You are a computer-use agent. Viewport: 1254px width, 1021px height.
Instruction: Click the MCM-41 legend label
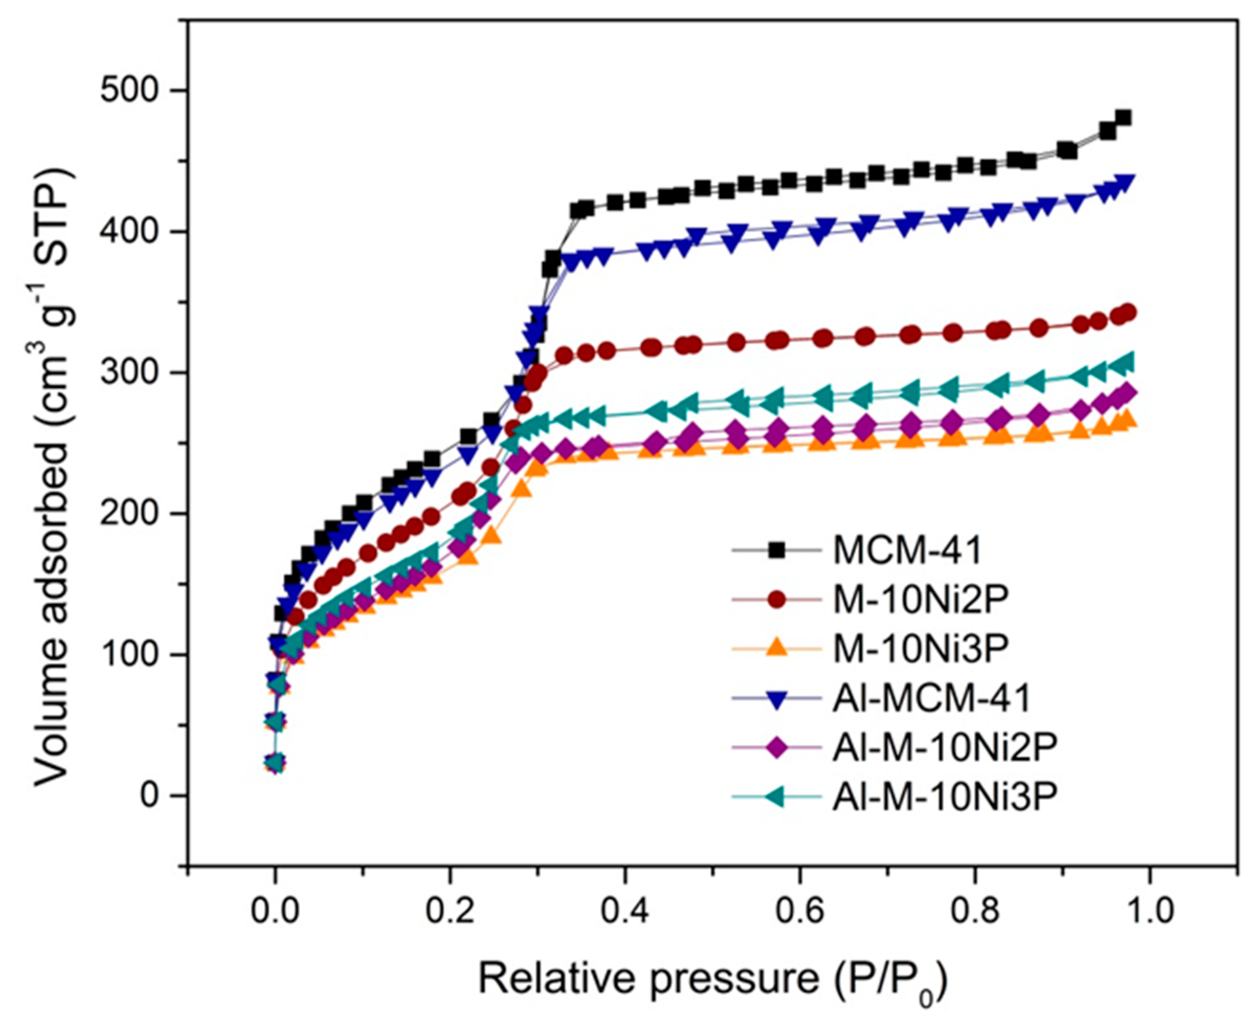coord(908,551)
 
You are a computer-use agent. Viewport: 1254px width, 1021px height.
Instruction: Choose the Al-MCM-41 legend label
coord(932,698)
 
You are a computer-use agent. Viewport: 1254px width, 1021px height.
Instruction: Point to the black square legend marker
coord(777,551)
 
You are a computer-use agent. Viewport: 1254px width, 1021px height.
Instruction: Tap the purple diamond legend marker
coord(777,747)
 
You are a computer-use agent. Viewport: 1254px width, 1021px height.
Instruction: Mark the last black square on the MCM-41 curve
coord(1124,118)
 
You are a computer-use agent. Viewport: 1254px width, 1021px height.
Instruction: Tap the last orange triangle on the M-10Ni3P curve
coord(1126,419)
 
